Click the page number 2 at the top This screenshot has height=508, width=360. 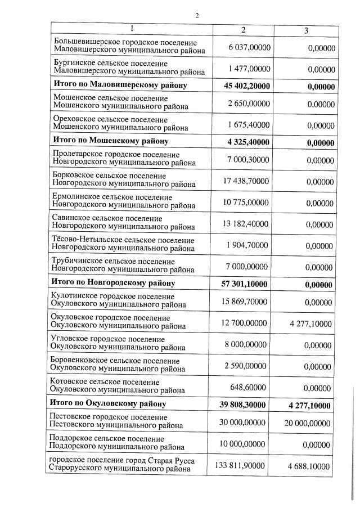[x=197, y=15]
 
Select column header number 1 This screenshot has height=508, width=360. [x=131, y=28]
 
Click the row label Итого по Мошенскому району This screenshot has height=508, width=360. [x=110, y=141]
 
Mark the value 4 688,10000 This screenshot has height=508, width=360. [x=312, y=466]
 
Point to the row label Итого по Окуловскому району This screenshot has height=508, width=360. [x=110, y=404]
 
